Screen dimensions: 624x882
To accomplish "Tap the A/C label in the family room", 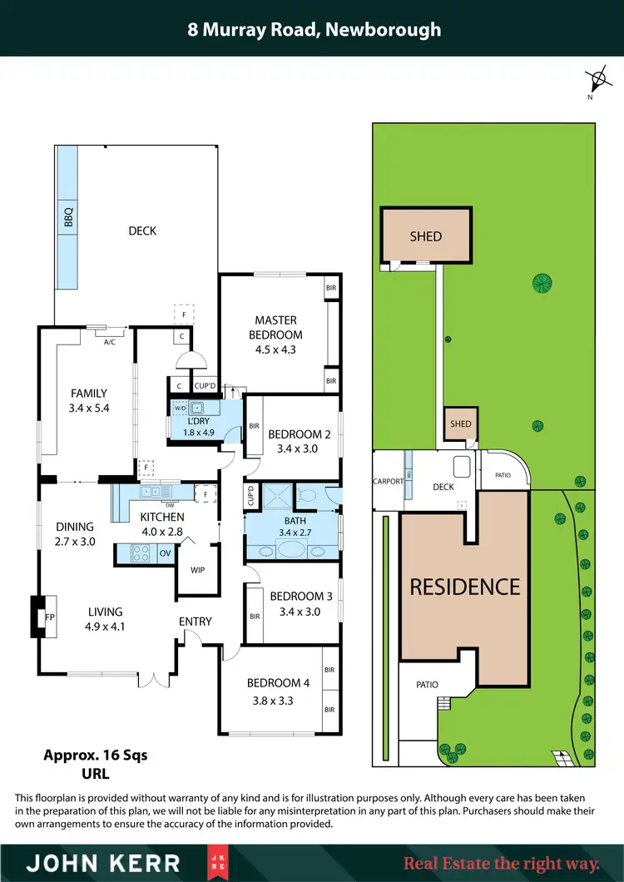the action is pyautogui.click(x=109, y=341).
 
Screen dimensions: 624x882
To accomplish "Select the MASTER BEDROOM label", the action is pyautogui.click(x=276, y=327).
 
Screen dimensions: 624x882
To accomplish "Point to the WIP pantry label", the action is pyautogui.click(x=197, y=570).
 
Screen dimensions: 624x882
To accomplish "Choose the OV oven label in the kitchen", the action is pyautogui.click(x=165, y=552).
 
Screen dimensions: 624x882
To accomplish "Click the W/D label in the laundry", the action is pyautogui.click(x=180, y=409).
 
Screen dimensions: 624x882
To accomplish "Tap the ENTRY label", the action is pyautogui.click(x=196, y=621).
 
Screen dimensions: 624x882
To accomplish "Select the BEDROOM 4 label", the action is pyautogui.click(x=278, y=683).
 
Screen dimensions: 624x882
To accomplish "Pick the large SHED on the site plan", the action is pyautogui.click(x=426, y=236).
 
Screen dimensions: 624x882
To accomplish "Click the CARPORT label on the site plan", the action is pyautogui.click(x=388, y=481).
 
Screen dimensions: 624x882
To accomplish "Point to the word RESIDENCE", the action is pyautogui.click(x=465, y=587).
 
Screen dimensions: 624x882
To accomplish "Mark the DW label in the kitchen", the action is pyautogui.click(x=169, y=505).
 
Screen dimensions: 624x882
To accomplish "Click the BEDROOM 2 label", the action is pyautogui.click(x=300, y=434).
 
